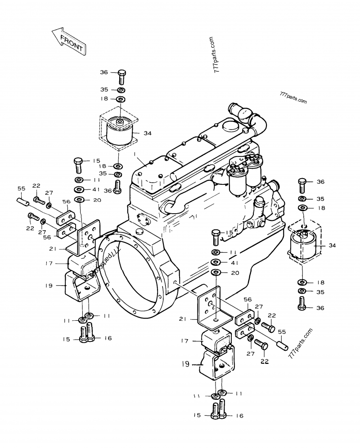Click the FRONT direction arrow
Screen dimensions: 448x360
(x=68, y=41)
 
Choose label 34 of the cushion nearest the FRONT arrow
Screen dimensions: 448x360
(x=148, y=133)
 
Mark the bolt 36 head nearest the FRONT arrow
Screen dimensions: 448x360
(x=121, y=73)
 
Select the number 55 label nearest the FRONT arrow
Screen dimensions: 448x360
(x=21, y=188)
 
